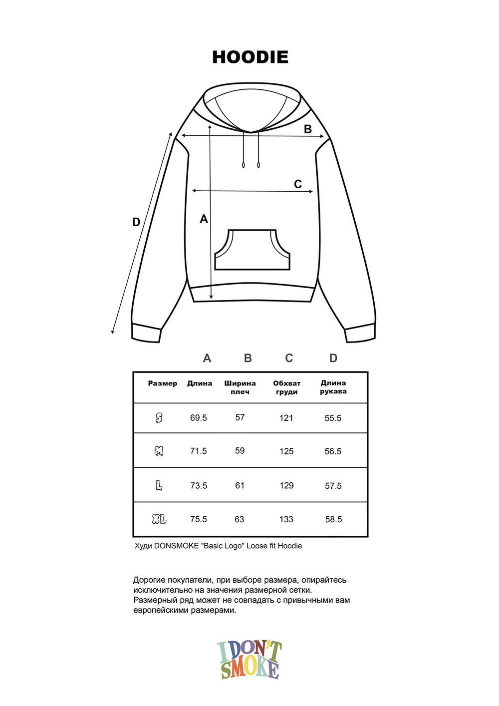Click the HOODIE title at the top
coord(250,57)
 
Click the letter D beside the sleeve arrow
coord(136,222)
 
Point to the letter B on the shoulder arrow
coord(308,129)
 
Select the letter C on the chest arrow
coord(298,184)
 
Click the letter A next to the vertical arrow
coord(204,219)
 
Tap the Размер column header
coord(163,383)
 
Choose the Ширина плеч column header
coord(240,387)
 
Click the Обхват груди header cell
coord(287,387)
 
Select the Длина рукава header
coord(333,387)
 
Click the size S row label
coord(159,418)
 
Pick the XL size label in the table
coord(159,520)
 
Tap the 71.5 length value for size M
coord(199,451)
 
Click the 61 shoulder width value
coord(240,485)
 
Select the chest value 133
coord(286,519)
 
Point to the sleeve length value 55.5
coord(333,418)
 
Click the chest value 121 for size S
coord(286,418)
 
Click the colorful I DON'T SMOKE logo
coord(249,660)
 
